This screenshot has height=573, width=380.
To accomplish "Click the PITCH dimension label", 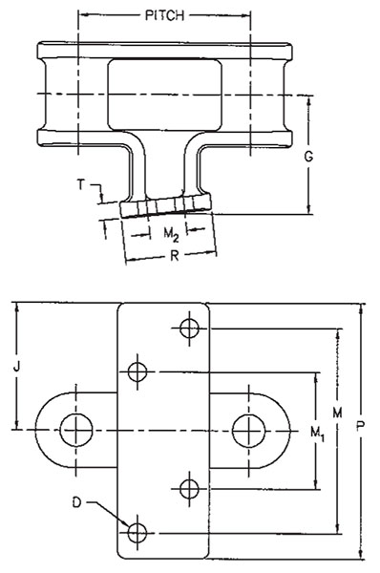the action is tap(164, 15).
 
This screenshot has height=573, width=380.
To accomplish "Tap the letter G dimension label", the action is tap(308, 157).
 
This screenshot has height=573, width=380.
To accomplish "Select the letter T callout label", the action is tap(80, 184).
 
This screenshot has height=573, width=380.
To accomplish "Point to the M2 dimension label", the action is tap(171, 234).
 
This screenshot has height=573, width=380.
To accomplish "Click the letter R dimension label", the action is tap(175, 256).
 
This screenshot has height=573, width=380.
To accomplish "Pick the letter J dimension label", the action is tap(16, 366).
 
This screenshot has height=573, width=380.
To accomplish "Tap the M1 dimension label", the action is tap(317, 434).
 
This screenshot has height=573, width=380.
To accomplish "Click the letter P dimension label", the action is tap(360, 425).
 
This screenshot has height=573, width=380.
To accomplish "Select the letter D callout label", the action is tap(76, 502).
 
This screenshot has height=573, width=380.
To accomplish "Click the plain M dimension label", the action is tap(337, 413).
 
